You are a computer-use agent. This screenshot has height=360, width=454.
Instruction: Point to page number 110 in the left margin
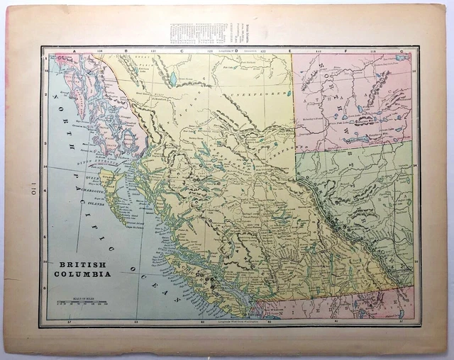[x=32, y=189]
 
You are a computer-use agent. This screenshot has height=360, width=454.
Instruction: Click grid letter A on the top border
[x=74, y=51]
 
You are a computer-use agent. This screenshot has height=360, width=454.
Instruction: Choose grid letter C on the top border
[x=182, y=51]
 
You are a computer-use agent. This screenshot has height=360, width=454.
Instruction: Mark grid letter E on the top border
[x=289, y=51]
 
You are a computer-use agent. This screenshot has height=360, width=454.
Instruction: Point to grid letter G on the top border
[x=402, y=51]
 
